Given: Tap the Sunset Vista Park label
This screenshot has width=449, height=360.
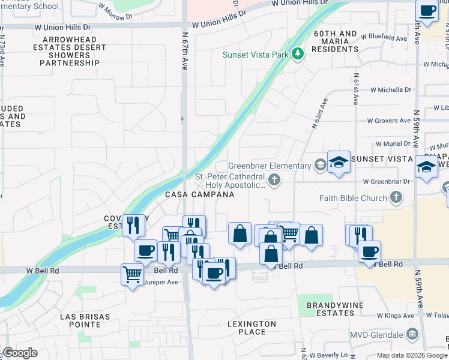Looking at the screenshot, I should [x=256, y=54].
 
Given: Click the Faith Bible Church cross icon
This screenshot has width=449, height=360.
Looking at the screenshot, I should [x=396, y=197].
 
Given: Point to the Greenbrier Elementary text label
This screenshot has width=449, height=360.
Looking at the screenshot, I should [x=270, y=166].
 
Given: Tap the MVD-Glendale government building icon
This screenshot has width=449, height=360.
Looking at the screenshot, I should [x=412, y=334].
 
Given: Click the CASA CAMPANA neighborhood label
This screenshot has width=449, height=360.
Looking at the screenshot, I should [x=200, y=195].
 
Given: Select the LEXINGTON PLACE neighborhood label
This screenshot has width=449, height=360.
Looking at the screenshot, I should [x=252, y=328].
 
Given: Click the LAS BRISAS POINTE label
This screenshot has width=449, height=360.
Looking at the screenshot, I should [x=80, y=320].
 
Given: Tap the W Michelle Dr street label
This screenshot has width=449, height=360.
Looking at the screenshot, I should [x=390, y=89].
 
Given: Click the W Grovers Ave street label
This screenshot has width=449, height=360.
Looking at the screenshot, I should [x=388, y=121].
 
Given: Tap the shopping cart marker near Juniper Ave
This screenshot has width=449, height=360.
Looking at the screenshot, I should [x=132, y=275].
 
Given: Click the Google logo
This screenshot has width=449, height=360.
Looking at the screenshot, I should [x=20, y=353].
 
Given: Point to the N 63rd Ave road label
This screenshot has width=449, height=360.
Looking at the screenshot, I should [x=319, y=114].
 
